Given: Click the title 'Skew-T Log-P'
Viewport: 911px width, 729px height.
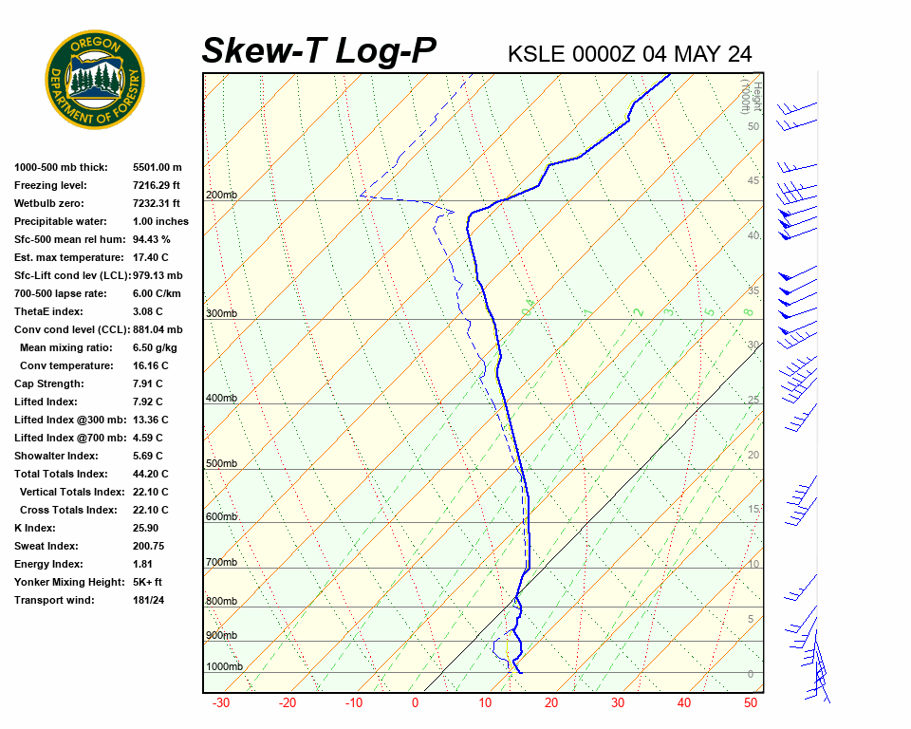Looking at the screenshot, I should (x=319, y=51).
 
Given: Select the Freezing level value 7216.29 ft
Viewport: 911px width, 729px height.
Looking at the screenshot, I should (x=157, y=185).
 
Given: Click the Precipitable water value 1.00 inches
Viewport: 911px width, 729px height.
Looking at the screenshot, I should (x=160, y=221).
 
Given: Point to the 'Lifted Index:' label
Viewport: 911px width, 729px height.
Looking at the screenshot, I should (x=46, y=402).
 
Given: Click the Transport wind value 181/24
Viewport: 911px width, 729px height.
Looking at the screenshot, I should (x=150, y=600).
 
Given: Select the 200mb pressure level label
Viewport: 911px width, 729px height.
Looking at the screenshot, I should (x=221, y=196).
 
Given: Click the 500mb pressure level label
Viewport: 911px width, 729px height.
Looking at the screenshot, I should (x=221, y=464).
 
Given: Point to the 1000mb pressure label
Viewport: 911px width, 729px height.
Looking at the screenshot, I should (x=224, y=667).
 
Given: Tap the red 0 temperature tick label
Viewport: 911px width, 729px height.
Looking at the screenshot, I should (x=415, y=703).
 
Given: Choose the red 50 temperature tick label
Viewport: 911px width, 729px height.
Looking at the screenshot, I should (x=751, y=703).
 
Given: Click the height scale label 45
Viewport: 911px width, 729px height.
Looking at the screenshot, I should (x=753, y=181).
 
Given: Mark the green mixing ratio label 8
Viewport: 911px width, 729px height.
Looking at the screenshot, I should (x=748, y=311).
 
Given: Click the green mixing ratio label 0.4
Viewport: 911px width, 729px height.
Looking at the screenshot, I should (x=529, y=307).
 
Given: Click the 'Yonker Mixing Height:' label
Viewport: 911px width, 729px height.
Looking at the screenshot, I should (x=65, y=582).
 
